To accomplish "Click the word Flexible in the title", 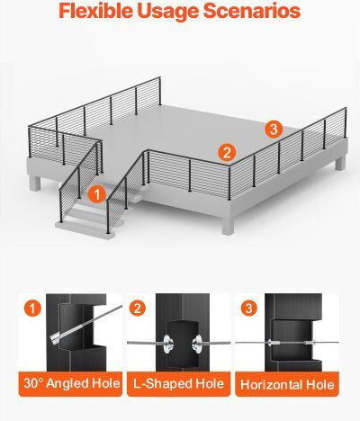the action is pos(95,11).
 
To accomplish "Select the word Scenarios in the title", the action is pos(252,11).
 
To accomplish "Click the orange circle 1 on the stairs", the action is pos(97,194).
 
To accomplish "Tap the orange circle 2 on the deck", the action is pos(227,152).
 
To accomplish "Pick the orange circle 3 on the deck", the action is pos(274,130).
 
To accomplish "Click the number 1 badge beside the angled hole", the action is pos(32,308).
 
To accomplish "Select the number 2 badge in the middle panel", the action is pos(138,308).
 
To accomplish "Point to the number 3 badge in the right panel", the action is pos(249,308).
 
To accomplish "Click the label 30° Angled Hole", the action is pos(72,383).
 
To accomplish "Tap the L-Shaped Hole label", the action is pos(178,383).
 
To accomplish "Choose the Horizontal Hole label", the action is pos(287,385).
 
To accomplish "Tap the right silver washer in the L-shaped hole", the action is pos(197,343).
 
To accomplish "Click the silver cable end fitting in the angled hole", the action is pos(57,337).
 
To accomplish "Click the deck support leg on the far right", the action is pos(340,163).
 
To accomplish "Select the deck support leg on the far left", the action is pos(35,183).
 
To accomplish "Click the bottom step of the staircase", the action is pos(85,228).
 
